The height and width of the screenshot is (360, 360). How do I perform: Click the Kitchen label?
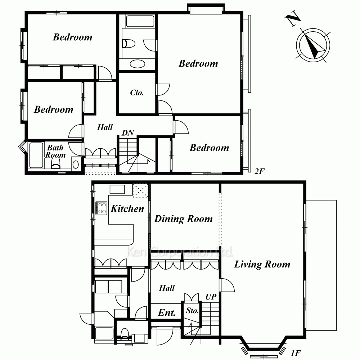click(x=127, y=209)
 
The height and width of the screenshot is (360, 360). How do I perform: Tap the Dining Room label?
click(x=184, y=219)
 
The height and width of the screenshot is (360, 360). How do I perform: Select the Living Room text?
click(x=262, y=264)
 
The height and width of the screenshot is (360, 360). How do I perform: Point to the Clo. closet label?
click(x=137, y=93)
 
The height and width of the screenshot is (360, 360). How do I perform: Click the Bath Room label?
click(x=55, y=151)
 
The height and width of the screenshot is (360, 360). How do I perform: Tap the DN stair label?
click(x=128, y=133)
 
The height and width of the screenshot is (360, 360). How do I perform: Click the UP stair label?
click(x=211, y=297)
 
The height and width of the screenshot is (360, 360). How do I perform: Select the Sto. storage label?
click(x=192, y=311)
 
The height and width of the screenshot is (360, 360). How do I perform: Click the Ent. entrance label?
click(x=167, y=312)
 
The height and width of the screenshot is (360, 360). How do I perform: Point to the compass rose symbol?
click(x=313, y=45)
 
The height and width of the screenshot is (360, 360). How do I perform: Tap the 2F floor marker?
click(x=260, y=171)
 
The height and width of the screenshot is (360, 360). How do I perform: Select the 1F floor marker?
click(x=296, y=353)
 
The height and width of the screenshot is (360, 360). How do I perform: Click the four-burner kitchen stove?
click(x=101, y=208)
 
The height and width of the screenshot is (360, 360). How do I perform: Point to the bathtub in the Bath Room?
click(x=36, y=155)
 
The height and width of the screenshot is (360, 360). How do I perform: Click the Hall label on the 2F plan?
click(x=105, y=127)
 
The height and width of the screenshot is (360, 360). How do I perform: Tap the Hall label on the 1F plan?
click(x=167, y=288)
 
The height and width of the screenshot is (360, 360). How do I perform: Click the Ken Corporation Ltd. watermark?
click(x=180, y=252)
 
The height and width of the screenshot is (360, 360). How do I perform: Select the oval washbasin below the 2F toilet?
click(x=137, y=64)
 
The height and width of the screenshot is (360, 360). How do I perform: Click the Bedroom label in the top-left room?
click(x=73, y=37)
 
